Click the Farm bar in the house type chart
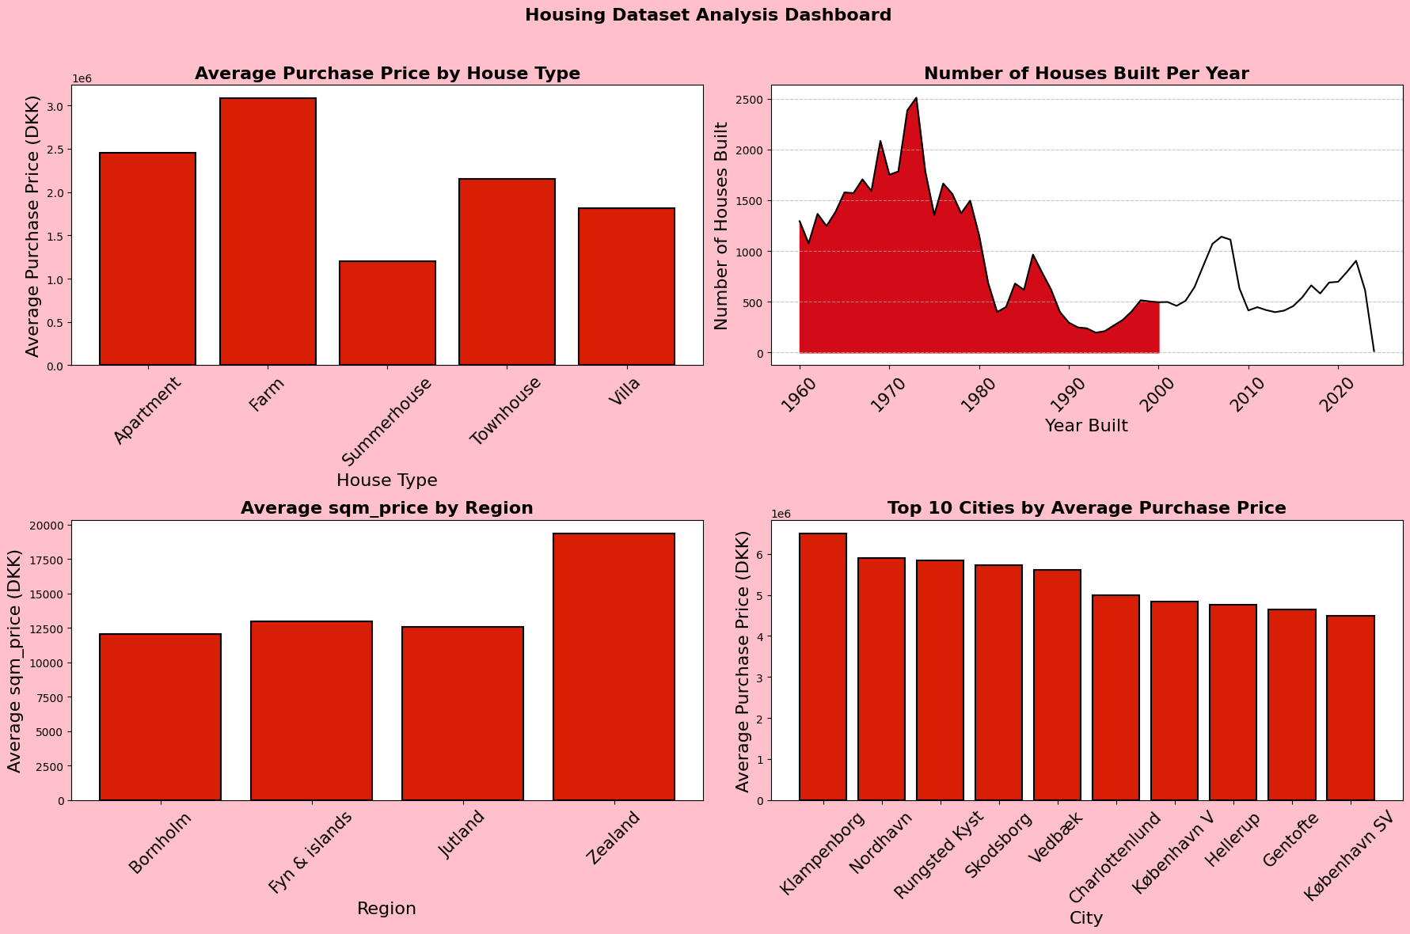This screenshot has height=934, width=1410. (268, 231)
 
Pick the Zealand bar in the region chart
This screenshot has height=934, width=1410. (614, 666)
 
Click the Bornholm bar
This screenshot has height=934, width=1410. (160, 716)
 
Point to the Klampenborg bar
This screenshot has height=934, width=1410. (823, 666)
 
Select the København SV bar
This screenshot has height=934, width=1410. (1350, 708)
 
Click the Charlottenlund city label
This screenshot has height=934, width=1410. (1115, 857)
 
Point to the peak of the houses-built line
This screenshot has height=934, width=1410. (916, 98)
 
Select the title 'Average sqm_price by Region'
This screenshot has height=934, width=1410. (386, 508)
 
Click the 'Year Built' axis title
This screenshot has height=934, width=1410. (1086, 426)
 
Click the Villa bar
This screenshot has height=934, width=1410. (626, 286)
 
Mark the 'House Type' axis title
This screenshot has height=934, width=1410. (386, 480)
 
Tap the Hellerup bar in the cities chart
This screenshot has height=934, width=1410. (1233, 702)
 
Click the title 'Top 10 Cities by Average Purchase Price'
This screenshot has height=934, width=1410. (1086, 508)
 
